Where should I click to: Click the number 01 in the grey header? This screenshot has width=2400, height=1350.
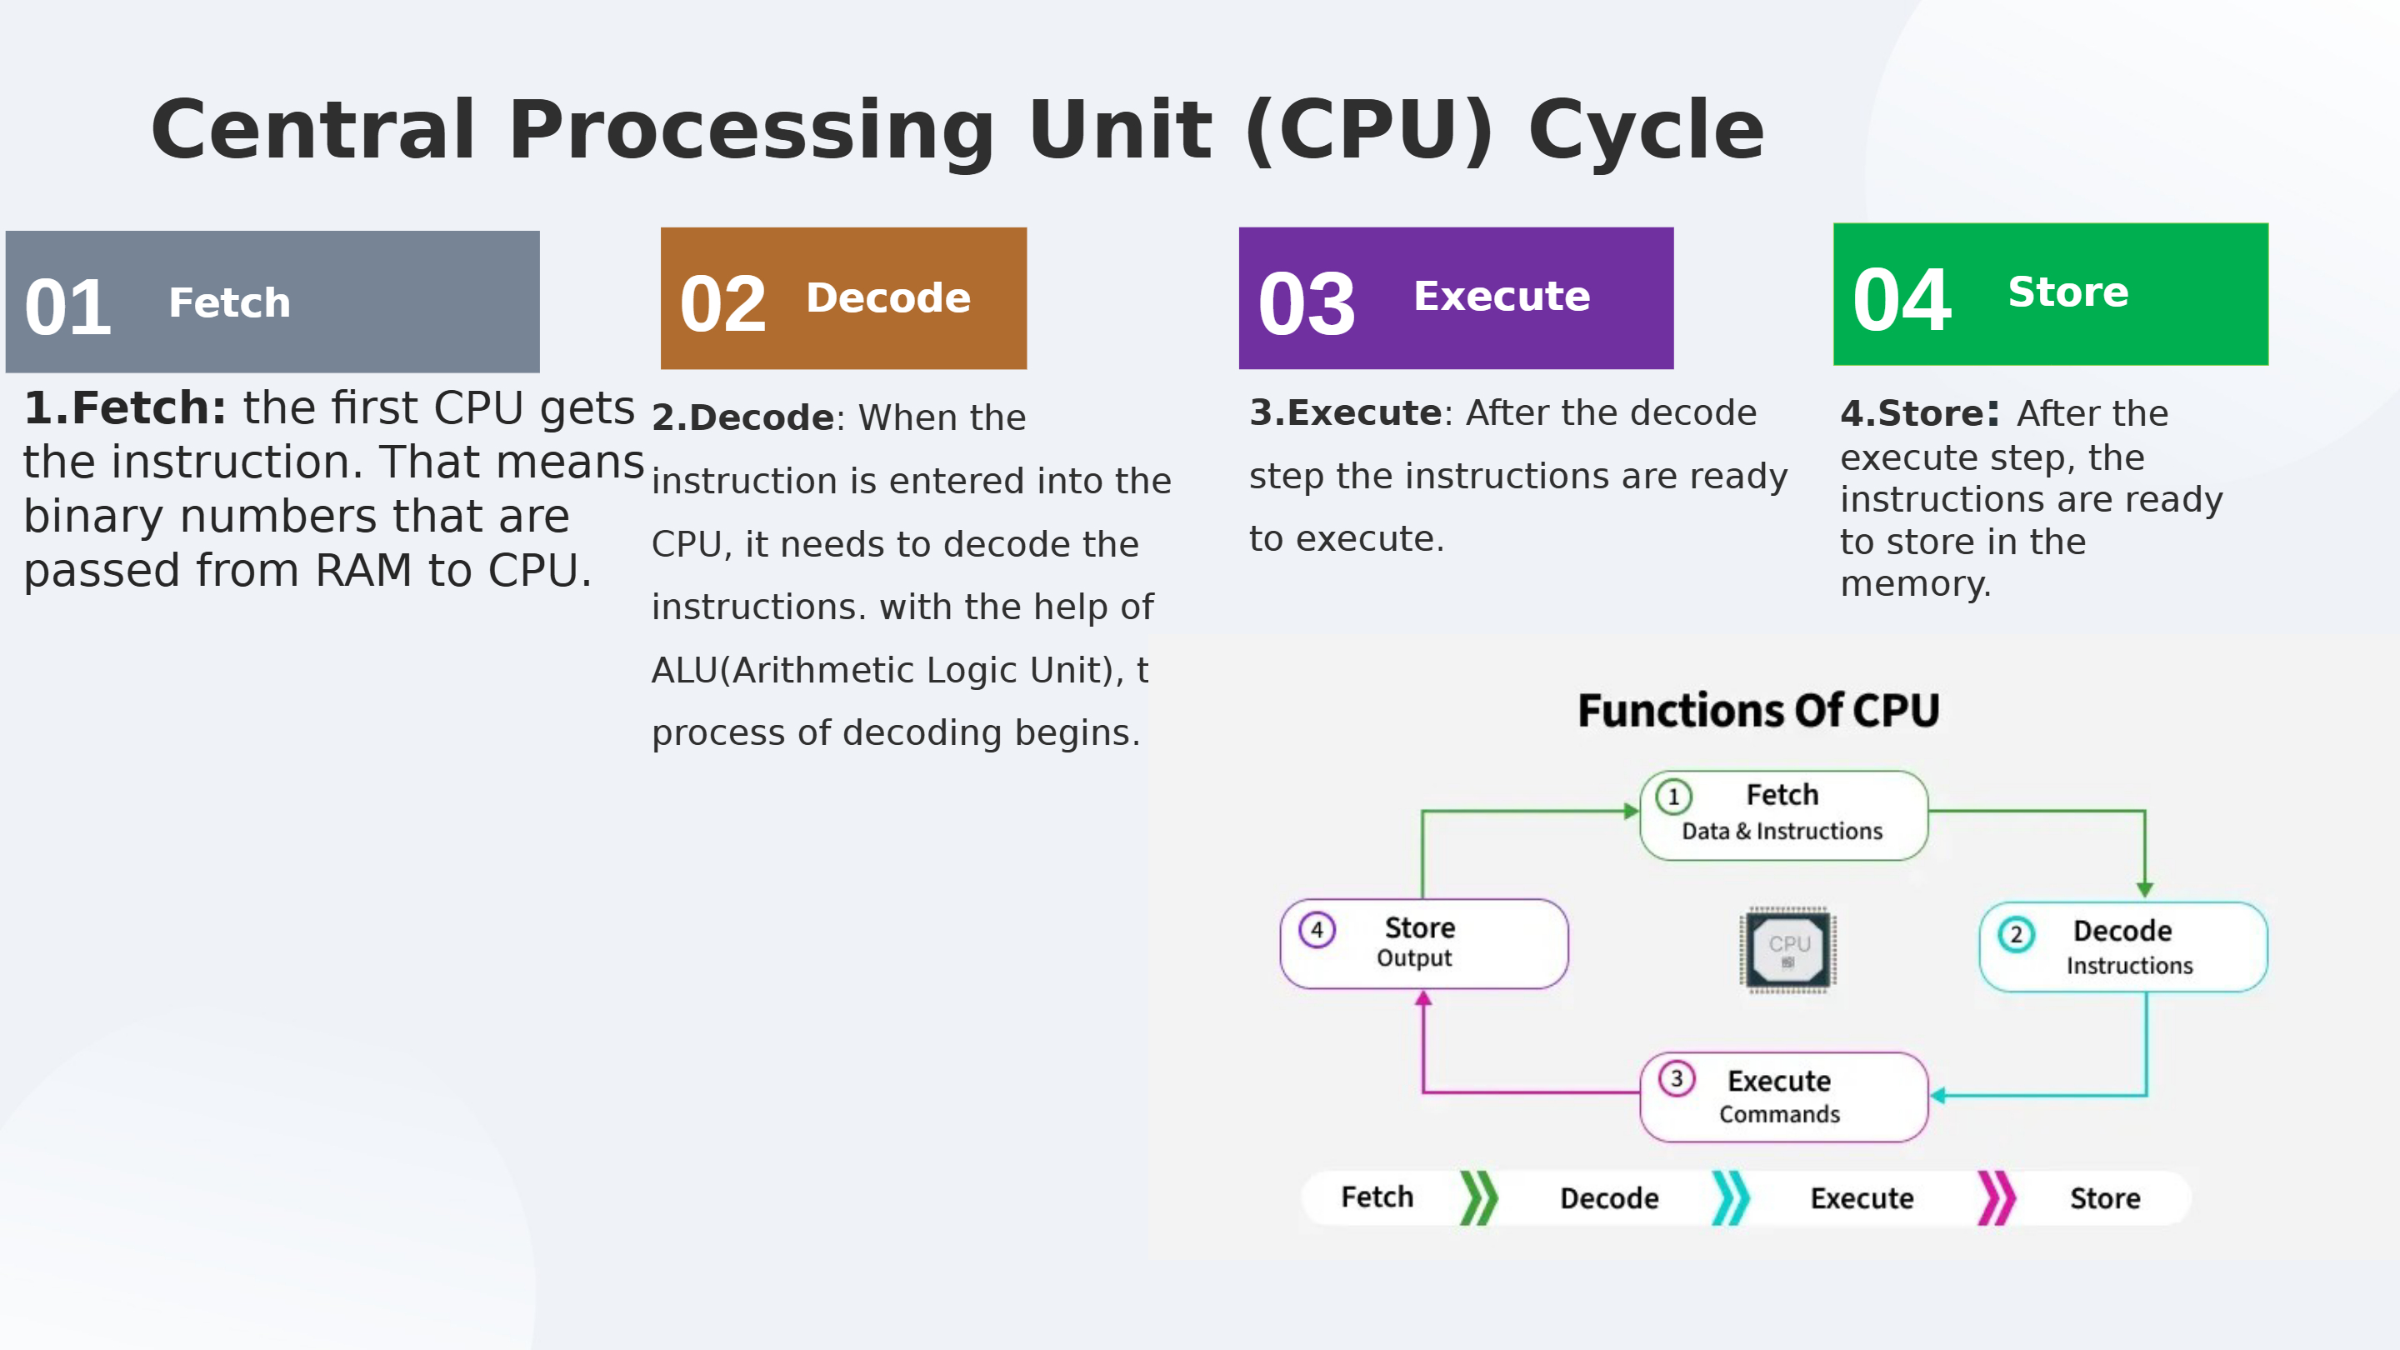click(x=68, y=307)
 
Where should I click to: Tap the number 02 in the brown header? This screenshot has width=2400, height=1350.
click(x=723, y=305)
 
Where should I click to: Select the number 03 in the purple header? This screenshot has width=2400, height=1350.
click(x=1306, y=305)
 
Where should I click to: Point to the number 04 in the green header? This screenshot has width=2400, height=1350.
click(x=1902, y=300)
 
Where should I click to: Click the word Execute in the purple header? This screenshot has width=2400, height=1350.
click(x=1502, y=297)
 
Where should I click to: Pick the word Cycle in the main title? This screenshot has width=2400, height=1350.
click(x=1647, y=131)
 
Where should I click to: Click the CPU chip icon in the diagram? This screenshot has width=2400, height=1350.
click(x=1787, y=949)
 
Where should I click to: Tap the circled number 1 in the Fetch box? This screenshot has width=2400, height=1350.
click(x=1674, y=797)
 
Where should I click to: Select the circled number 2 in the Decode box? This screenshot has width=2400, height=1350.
click(x=2016, y=934)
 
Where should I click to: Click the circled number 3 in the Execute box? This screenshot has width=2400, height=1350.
click(x=1677, y=1079)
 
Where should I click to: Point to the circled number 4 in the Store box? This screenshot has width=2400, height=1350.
click(x=1317, y=929)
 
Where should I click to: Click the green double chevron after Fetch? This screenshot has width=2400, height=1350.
click(x=1478, y=1198)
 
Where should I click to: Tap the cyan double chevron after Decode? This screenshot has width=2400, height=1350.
click(x=1731, y=1198)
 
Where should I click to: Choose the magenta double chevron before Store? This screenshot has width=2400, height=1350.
click(x=1997, y=1198)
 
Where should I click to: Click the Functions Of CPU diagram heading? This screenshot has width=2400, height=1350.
click(x=1759, y=711)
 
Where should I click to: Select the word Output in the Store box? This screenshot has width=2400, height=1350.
click(x=1414, y=958)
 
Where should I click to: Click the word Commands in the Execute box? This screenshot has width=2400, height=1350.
click(x=1779, y=1114)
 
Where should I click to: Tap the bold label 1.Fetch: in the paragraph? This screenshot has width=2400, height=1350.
click(x=125, y=408)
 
